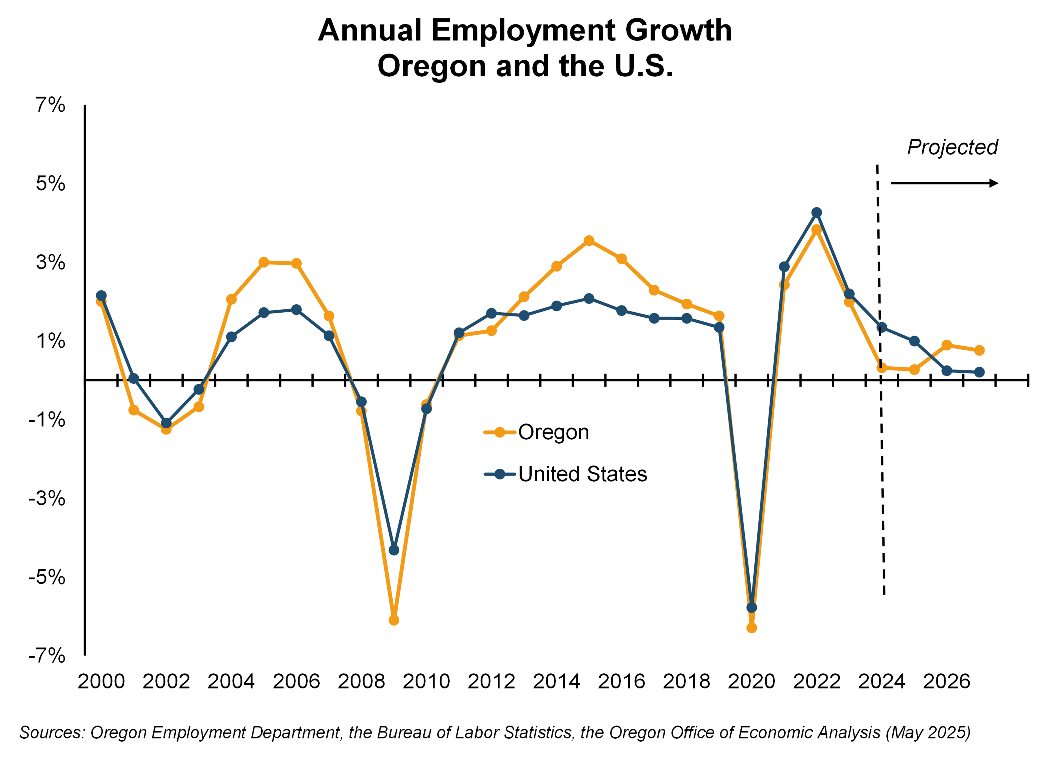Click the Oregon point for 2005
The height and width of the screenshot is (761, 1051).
tap(264, 262)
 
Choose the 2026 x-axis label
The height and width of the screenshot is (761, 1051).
tap(946, 681)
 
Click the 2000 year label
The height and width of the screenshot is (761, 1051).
tap(101, 681)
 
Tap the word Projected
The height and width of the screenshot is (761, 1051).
tap(952, 147)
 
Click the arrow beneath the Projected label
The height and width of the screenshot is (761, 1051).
tap(944, 183)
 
